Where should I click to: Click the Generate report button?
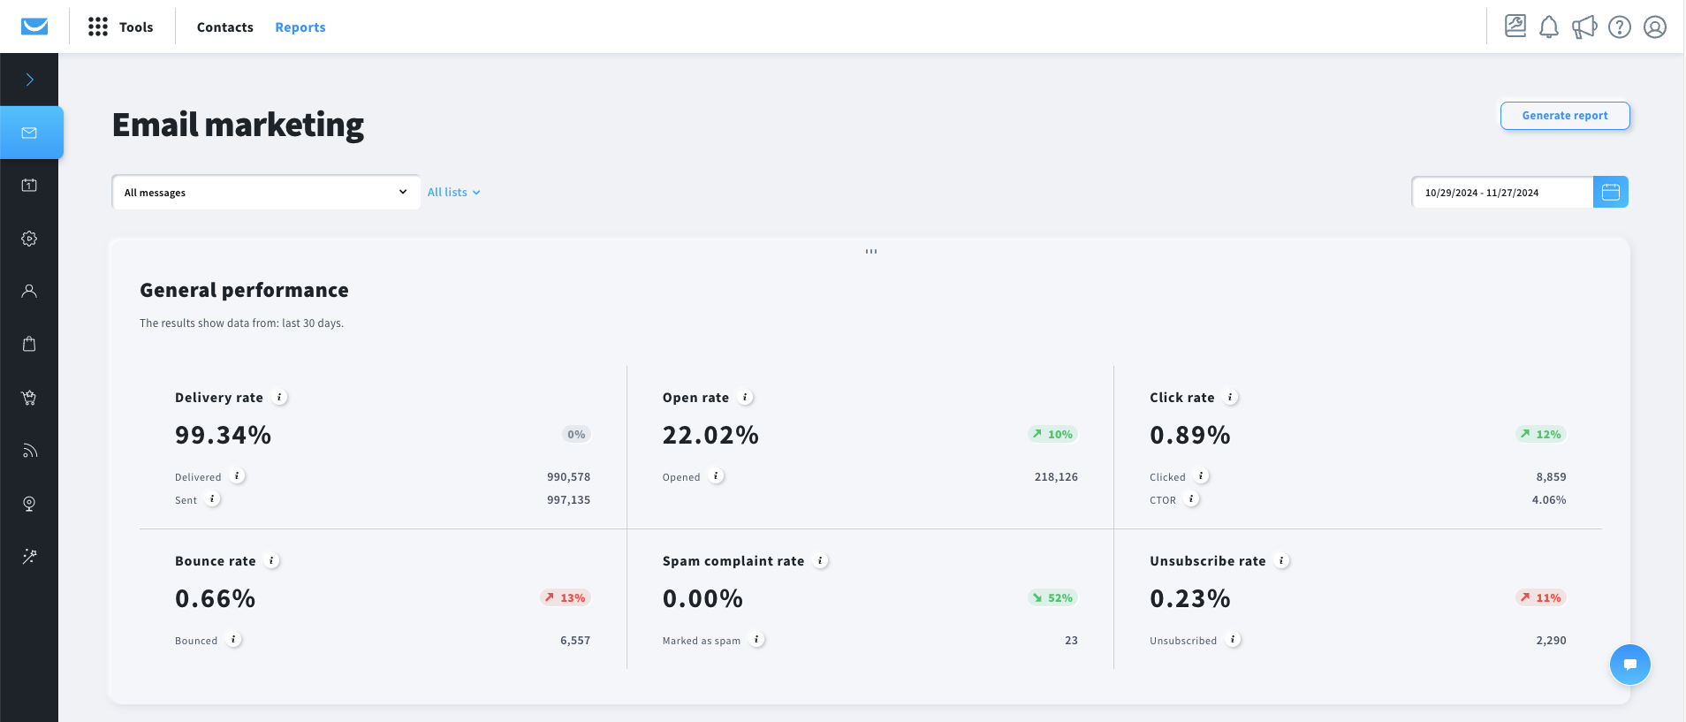coord(1564,116)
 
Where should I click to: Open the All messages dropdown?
coord(265,193)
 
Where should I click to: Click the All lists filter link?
coord(453,193)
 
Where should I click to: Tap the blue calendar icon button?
coord(1610,192)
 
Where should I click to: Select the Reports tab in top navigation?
coord(300,27)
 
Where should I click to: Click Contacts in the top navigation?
coord(224,27)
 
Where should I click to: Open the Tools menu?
coord(121,27)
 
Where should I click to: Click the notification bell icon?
coord(1548,27)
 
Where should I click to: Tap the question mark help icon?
coord(1619,27)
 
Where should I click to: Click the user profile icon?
coord(1654,27)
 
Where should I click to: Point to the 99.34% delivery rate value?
coord(223,435)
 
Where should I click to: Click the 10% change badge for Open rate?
coord(1052,434)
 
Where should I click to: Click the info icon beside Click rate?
coord(1230,398)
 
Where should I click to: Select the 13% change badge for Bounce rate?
coord(565,597)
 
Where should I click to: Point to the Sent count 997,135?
coord(568,500)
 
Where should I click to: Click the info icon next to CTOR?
coord(1191,499)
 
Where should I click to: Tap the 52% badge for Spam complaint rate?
coord(1052,597)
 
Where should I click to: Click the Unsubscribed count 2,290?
coord(1551,641)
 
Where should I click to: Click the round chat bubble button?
coord(1629,665)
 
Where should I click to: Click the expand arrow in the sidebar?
coord(29,80)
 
